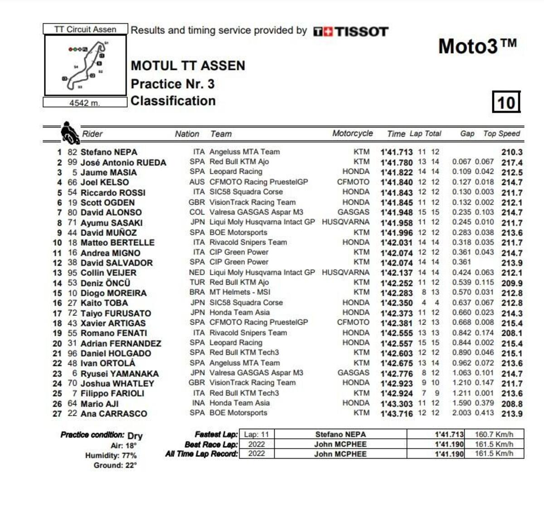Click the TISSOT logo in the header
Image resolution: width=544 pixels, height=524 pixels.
click(350, 31)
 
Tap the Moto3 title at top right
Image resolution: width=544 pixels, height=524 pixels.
click(477, 46)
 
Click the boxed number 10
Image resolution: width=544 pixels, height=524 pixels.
click(506, 102)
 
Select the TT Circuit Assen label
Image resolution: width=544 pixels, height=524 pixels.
click(85, 29)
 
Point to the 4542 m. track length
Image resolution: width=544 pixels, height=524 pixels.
click(85, 103)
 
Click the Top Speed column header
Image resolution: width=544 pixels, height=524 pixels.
click(501, 133)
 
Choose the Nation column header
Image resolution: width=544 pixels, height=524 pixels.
click(187, 134)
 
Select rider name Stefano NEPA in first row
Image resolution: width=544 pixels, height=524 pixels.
click(109, 152)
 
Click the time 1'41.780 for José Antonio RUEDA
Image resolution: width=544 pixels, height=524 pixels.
click(397, 162)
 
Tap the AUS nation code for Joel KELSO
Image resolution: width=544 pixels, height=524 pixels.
click(197, 182)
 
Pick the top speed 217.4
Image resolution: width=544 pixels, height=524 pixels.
click(512, 162)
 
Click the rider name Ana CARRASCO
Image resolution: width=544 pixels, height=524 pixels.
click(114, 413)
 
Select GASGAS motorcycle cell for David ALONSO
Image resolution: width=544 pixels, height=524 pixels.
click(353, 212)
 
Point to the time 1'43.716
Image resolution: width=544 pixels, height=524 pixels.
click(397, 413)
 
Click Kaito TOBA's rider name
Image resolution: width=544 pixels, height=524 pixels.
click(104, 303)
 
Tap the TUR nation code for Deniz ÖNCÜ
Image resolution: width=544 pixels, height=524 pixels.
click(197, 282)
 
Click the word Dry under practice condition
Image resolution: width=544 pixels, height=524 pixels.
click(135, 436)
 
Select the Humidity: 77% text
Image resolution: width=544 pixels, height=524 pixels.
click(111, 455)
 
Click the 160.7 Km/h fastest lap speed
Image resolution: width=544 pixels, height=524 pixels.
click(494, 434)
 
